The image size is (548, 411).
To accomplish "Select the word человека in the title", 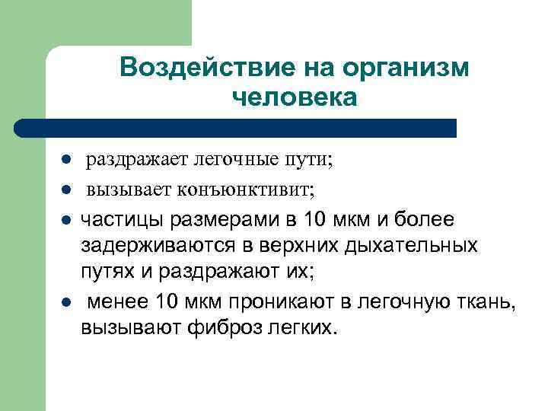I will [292, 98].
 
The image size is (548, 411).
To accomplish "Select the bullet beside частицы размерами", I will [67, 221].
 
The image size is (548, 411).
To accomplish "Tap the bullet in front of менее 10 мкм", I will [67, 302].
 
